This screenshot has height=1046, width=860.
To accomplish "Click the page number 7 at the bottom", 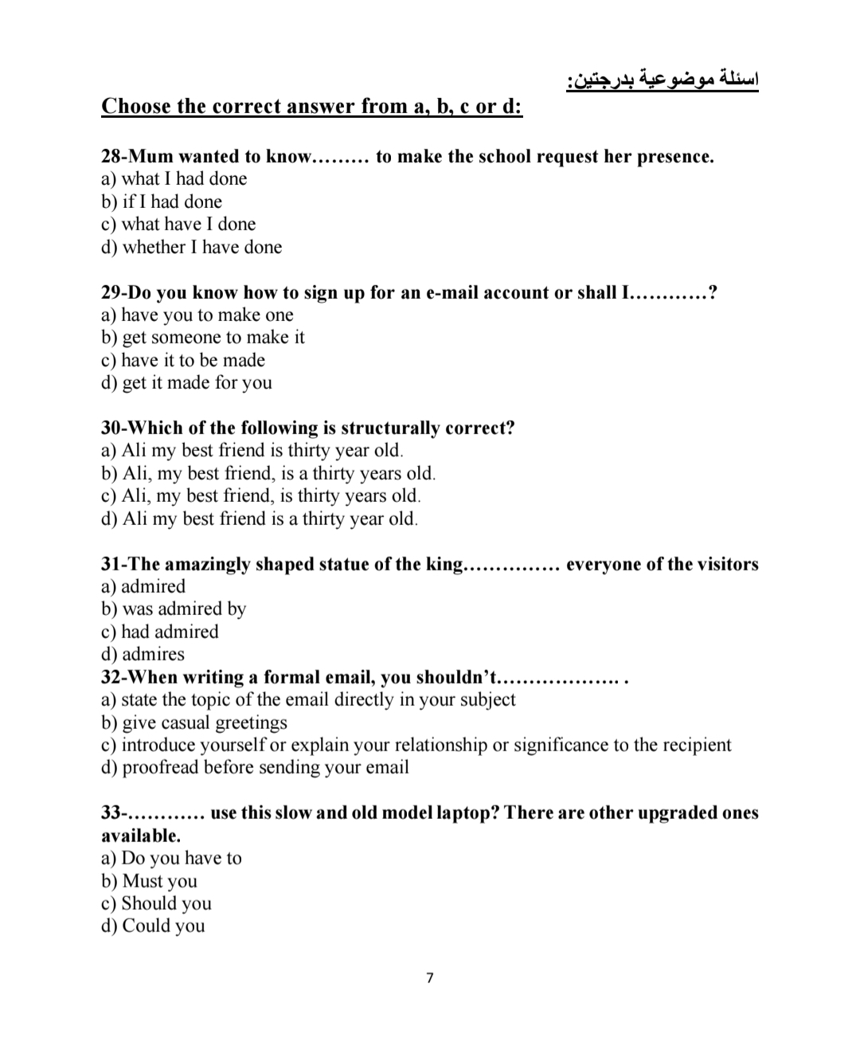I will click(x=430, y=977).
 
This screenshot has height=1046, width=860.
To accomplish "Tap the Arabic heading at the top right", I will click(x=662, y=80).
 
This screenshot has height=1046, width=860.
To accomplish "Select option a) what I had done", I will click(x=174, y=178).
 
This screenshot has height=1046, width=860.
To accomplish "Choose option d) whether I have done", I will click(x=192, y=247).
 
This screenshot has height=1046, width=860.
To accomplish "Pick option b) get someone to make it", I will click(x=203, y=337).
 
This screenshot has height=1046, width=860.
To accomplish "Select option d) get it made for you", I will click(x=187, y=382).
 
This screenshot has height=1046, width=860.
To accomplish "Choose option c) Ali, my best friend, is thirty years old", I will click(x=261, y=496).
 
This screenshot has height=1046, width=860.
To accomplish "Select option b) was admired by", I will click(x=174, y=609).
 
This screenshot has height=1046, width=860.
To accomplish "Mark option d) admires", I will click(x=143, y=654).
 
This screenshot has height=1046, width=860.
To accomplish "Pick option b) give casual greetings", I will click(x=195, y=723).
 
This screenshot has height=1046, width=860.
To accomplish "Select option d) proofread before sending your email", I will click(x=256, y=767).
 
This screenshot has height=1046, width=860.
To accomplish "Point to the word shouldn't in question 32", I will click(x=454, y=677).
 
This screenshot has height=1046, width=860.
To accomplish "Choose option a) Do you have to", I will click(x=172, y=858).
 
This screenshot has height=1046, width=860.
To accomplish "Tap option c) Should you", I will click(x=157, y=903).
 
